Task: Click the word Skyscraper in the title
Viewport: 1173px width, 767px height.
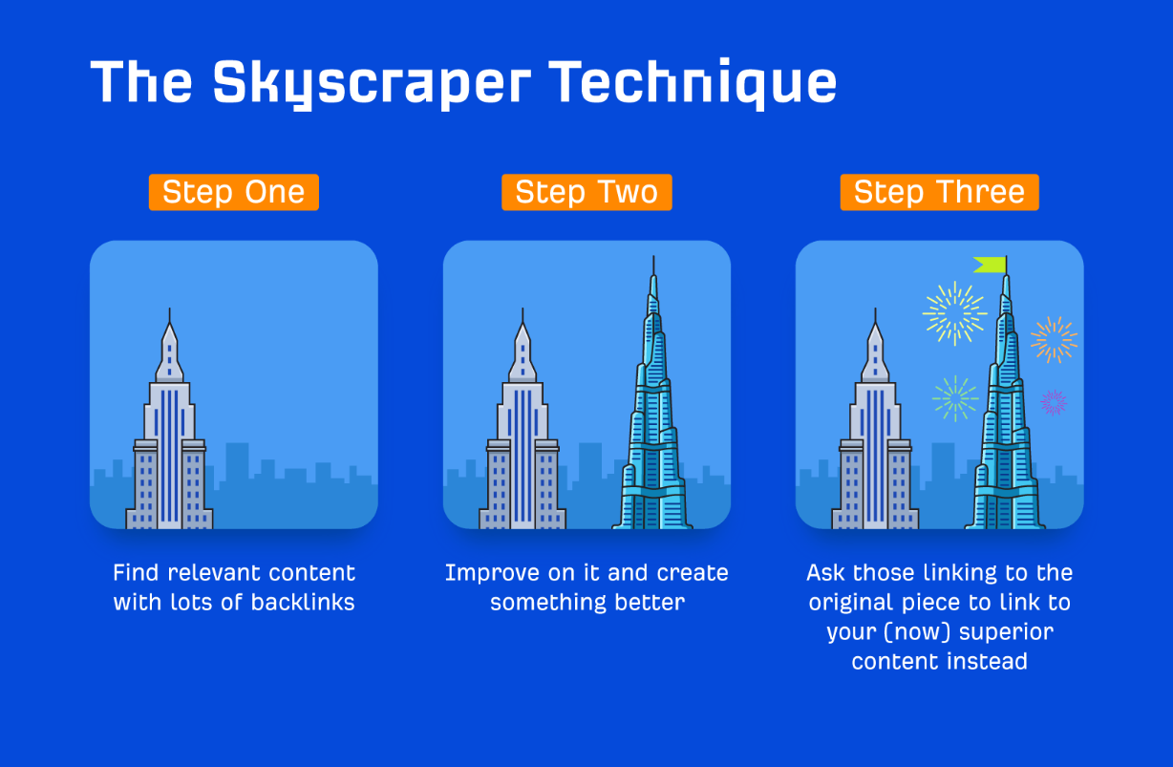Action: [x=372, y=84]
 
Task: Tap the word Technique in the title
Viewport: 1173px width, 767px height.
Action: [x=693, y=84]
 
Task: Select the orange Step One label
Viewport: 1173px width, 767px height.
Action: [x=234, y=192]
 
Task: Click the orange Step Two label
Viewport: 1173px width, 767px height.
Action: [x=586, y=192]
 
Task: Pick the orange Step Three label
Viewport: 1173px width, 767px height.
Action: [x=939, y=192]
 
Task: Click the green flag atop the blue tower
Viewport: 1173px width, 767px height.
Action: [x=991, y=265]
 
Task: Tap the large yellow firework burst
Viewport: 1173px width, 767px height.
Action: [x=954, y=313]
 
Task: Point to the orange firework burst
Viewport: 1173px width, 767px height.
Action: [x=1055, y=340]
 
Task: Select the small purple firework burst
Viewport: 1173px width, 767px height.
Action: [x=1053, y=403]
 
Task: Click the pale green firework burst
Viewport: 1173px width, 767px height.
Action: [x=955, y=398]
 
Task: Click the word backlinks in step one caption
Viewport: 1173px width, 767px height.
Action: [x=303, y=602]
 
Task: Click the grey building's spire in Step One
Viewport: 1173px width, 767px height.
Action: [x=169, y=316]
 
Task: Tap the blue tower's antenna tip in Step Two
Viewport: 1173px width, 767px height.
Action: [x=653, y=257]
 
